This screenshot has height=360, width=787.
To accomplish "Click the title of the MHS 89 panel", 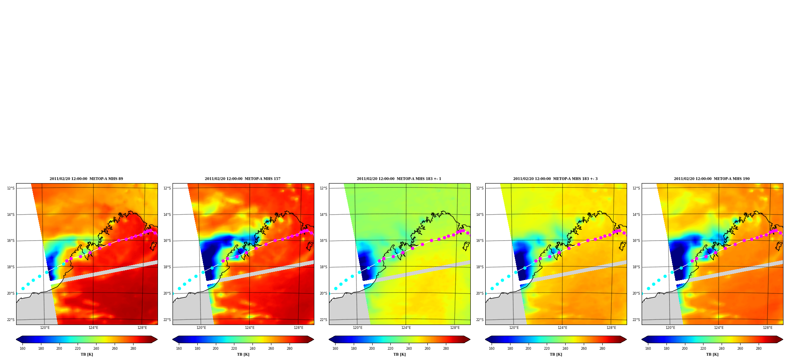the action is pyautogui.click(x=86, y=179).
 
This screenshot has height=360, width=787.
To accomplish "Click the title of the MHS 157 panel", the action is pyautogui.click(x=243, y=179).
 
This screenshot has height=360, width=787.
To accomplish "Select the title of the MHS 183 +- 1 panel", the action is pyautogui.click(x=399, y=179).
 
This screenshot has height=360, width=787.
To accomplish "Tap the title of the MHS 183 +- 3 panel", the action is pyautogui.click(x=555, y=179).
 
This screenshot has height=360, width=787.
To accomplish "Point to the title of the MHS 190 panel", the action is pyautogui.click(x=712, y=179).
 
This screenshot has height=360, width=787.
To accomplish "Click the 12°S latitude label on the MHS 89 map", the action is pyautogui.click(x=11, y=188).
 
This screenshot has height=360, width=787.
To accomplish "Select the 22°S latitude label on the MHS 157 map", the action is pyautogui.click(x=167, y=320).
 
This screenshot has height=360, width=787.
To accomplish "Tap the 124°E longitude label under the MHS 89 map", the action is pyautogui.click(x=93, y=328).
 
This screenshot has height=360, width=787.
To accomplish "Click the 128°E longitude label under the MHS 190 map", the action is pyautogui.click(x=768, y=328).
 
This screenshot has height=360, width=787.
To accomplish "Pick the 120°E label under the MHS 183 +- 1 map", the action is pyautogui.click(x=358, y=328).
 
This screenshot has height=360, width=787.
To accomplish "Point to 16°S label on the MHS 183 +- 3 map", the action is pyautogui.click(x=480, y=241).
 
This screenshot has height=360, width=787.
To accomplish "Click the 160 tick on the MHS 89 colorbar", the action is pyautogui.click(x=22, y=349).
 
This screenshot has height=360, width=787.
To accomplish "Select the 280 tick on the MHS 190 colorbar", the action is pyautogui.click(x=759, y=349).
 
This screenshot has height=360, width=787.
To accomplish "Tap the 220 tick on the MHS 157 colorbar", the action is pyautogui.click(x=234, y=349).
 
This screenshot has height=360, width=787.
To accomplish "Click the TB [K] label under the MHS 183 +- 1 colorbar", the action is pyautogui.click(x=399, y=354).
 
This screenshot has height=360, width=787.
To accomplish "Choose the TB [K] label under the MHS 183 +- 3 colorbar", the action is pyautogui.click(x=556, y=354).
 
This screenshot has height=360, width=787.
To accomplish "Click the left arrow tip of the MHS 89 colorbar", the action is pyautogui.click(x=16, y=340).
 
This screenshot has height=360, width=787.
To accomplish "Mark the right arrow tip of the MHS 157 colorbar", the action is pyautogui.click(x=314, y=340).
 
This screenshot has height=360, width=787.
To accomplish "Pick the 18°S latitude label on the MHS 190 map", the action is pyautogui.click(x=636, y=267).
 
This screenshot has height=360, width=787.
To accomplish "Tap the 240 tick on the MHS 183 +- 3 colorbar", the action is pyautogui.click(x=565, y=349).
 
